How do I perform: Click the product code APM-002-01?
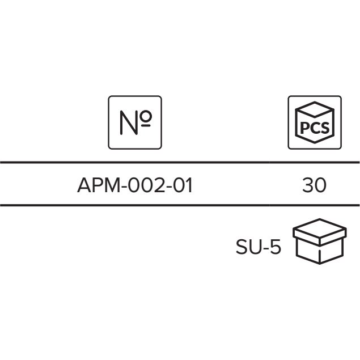(135, 185)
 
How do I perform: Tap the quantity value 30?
(314, 185)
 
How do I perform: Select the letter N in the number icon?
(129, 122)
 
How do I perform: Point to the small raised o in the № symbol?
(146, 116)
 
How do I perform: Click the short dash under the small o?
(146, 126)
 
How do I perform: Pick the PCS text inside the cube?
(315, 128)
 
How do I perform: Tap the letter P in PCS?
(304, 128)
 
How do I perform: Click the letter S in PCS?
(325, 128)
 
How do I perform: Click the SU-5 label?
(259, 247)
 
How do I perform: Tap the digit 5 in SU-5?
(276, 247)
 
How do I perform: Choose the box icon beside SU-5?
(320, 241)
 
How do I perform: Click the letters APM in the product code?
(99, 185)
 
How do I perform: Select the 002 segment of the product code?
(146, 185)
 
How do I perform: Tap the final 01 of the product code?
(183, 185)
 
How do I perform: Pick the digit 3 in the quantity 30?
(308, 185)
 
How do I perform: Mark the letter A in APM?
(84, 185)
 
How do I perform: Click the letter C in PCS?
(315, 128)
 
